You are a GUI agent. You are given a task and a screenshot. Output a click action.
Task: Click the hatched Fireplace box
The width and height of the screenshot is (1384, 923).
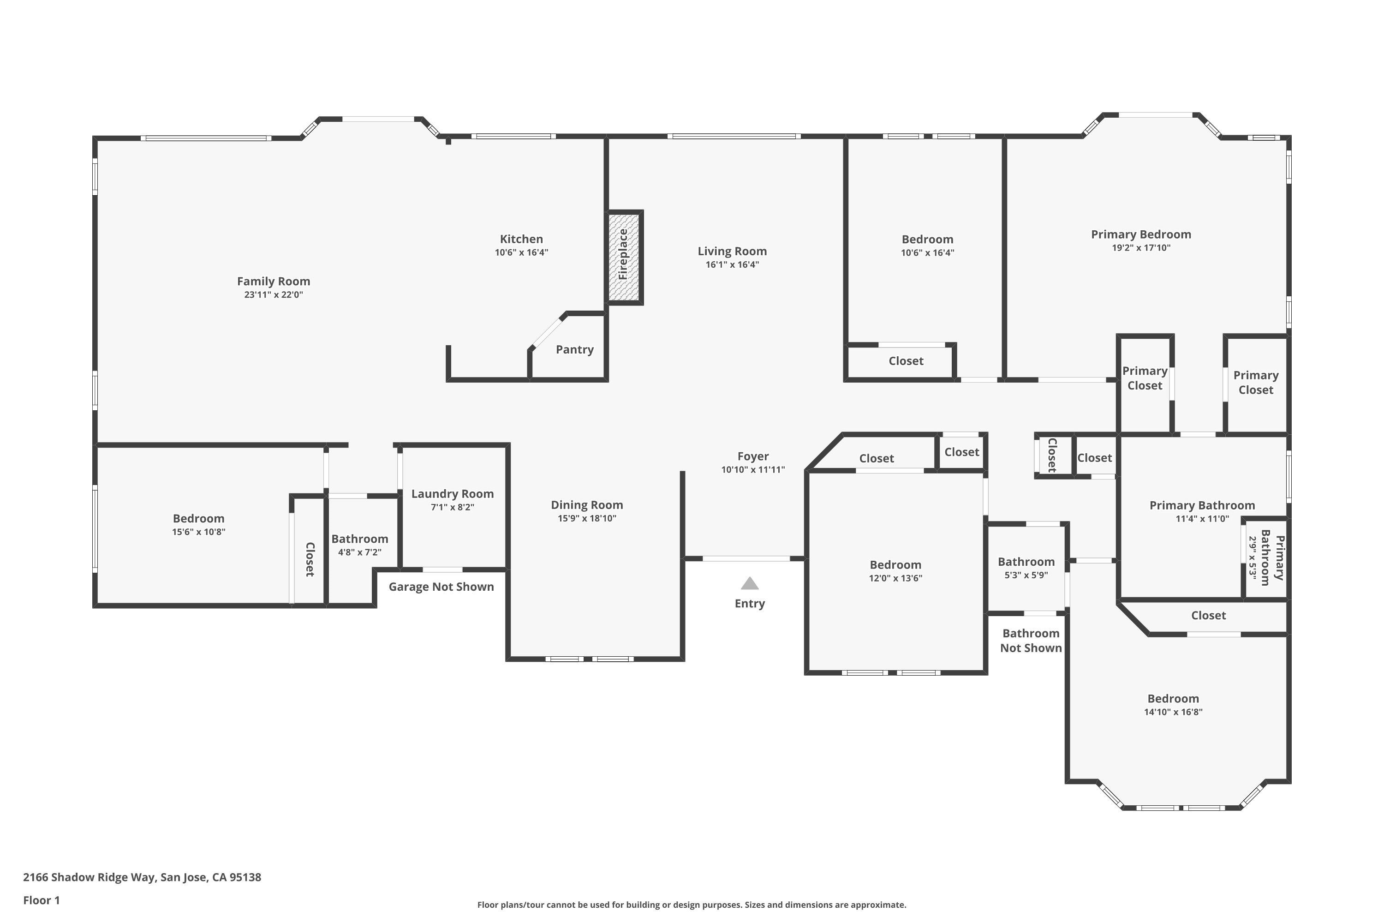click(x=624, y=257)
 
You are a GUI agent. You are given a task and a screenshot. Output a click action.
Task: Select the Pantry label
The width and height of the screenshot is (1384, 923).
click(x=574, y=350)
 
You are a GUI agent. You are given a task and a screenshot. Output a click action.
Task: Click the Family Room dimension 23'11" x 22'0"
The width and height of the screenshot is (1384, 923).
click(x=274, y=295)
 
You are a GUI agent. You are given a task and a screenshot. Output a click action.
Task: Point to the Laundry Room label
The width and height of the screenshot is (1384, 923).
click(x=452, y=494)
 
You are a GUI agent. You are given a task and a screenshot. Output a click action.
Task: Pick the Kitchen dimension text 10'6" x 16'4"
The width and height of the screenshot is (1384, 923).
click(x=521, y=252)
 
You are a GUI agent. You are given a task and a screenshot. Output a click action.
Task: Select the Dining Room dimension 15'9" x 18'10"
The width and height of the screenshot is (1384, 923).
click(x=587, y=519)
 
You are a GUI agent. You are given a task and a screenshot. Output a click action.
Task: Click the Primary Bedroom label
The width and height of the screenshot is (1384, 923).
click(x=1140, y=234)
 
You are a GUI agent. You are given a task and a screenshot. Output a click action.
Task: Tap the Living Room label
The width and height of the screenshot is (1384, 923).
click(x=732, y=252)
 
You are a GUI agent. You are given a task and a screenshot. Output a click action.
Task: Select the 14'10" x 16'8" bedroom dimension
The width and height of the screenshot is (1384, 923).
click(x=1173, y=712)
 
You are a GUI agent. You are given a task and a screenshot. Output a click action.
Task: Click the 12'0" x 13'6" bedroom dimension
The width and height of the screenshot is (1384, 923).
click(x=895, y=578)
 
